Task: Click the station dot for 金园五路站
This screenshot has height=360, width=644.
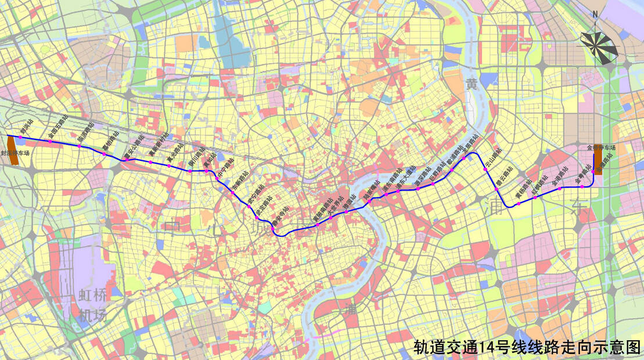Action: click(51, 141)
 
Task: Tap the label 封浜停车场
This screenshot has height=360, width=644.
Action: click(15, 154)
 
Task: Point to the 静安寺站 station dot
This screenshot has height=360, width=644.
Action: click(274, 228)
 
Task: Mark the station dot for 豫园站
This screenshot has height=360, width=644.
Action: click(346, 212)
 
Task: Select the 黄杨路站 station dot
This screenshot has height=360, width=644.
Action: click(516, 205)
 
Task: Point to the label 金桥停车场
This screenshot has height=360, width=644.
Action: click(600, 148)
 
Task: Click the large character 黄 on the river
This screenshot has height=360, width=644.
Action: click(472, 85)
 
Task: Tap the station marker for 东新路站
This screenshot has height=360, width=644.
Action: click(232, 193)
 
